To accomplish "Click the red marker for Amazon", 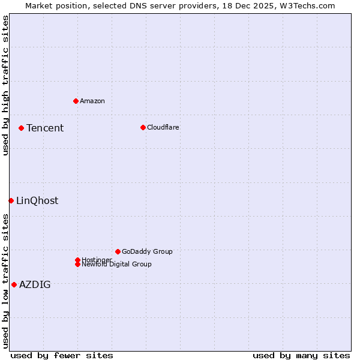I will point(76,101).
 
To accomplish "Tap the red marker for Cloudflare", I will point(143,127).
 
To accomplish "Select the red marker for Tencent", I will point(21,128).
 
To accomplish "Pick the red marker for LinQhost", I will point(11,200).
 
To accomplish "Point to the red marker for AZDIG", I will point(14,284).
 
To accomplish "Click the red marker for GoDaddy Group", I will point(118,251).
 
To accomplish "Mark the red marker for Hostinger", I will point(77,260).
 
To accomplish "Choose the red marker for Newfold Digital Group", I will point(77,265).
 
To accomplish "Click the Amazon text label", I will point(92,101).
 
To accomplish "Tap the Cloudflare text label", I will point(163,127).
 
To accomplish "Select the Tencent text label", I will point(45,128).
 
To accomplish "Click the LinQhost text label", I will point(37,200).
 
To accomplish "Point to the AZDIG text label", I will point(35,284).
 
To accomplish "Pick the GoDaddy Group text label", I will point(147,251).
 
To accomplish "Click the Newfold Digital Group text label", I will point(117,265).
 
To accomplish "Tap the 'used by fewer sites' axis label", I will point(62,355).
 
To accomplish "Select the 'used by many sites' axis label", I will point(301,355).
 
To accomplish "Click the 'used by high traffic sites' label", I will point(5,85).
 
